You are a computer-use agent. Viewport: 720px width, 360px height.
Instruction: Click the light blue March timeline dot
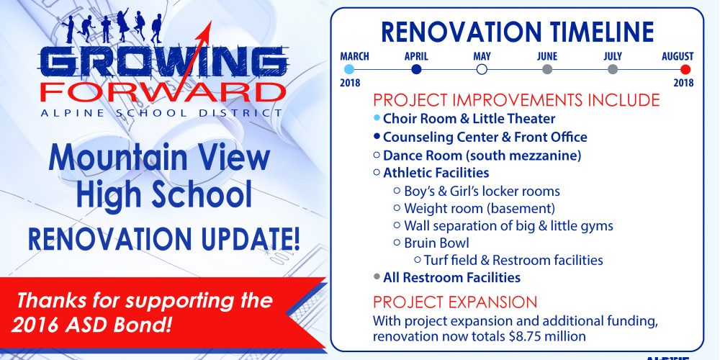[349, 69]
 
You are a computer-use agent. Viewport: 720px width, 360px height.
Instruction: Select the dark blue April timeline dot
[416, 69]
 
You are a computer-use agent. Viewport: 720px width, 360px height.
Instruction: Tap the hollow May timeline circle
[482, 69]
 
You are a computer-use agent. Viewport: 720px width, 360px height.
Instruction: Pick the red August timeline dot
[685, 69]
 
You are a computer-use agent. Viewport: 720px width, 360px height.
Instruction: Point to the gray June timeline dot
[547, 69]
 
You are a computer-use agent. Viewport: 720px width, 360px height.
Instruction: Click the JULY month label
[613, 56]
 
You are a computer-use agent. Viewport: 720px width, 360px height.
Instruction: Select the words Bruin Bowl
[437, 243]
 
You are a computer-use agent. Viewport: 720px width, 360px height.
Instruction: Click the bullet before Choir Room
[377, 118]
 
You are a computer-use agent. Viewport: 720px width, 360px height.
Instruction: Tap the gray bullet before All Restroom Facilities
[377, 276]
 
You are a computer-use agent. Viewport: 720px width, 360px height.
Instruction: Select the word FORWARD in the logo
[163, 92]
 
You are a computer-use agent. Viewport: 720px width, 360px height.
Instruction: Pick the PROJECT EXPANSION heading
[454, 302]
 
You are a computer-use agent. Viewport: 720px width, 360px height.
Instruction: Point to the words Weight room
[444, 208]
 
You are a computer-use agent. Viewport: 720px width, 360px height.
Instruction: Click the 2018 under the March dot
[350, 83]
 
